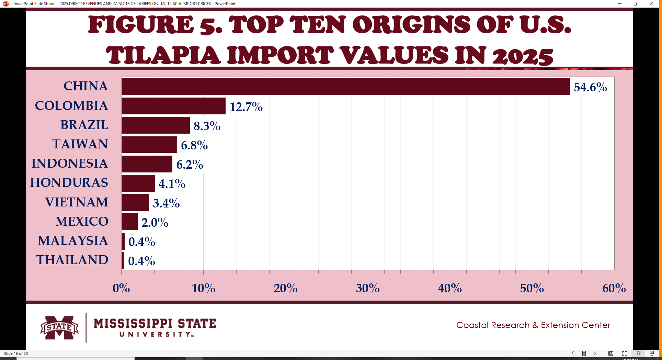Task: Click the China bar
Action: pyautogui.click(x=345, y=87)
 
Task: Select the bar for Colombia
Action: pyautogui.click(x=173, y=106)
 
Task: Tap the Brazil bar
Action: pyautogui.click(x=156, y=125)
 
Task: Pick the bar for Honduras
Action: pyautogui.click(x=138, y=183)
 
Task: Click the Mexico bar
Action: pyautogui.click(x=129, y=222)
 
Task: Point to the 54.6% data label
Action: pyautogui.click(x=590, y=87)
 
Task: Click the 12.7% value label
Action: pyautogui.click(x=246, y=107)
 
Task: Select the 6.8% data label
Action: pyautogui.click(x=194, y=145)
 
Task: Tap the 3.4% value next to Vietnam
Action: pyautogui.click(x=166, y=203)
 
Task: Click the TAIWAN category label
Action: pyautogui.click(x=80, y=144)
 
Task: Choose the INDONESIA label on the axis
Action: pyautogui.click(x=70, y=164)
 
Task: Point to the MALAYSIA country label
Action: pyautogui.click(x=73, y=241)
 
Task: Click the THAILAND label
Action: pyautogui.click(x=72, y=260)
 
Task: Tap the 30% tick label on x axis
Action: pyautogui.click(x=368, y=288)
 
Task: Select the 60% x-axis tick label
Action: pyautogui.click(x=614, y=288)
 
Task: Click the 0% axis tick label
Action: pyautogui.click(x=121, y=288)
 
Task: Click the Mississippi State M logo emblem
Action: pyautogui.click(x=59, y=327)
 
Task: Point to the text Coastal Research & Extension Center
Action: pyautogui.click(x=533, y=325)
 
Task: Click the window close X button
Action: pyautogui.click(x=651, y=4)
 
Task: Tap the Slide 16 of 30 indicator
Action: pyautogui.click(x=16, y=353)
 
